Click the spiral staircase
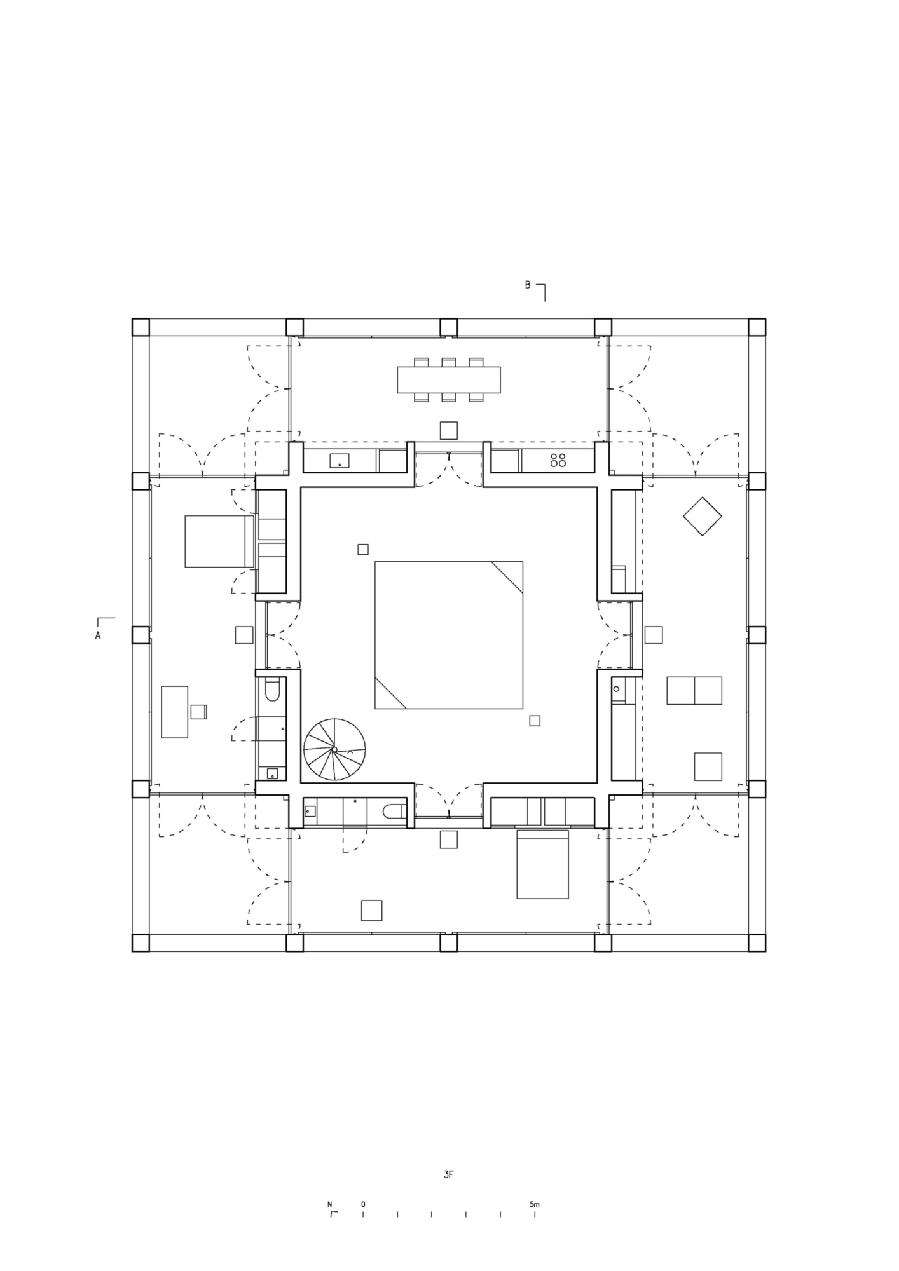coord(334,749)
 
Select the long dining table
coord(449,379)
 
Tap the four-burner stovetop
coord(558,460)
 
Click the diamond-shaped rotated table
coord(703,516)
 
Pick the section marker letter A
coord(98,635)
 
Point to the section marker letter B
coord(527,285)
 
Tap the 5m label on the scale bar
coord(534,1204)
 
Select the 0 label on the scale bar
coord(363,1204)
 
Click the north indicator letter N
coord(330,1204)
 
